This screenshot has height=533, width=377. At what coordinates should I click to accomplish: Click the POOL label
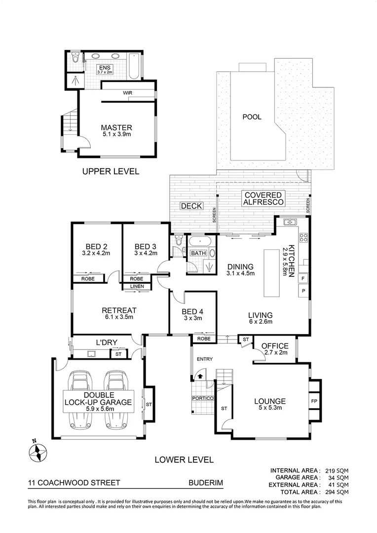coord(252,117)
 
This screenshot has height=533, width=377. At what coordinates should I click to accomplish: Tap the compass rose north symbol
coord(37,451)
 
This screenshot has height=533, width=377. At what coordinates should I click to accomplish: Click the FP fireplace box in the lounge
coord(314,401)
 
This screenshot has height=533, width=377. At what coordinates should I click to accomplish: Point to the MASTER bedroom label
coord(116,127)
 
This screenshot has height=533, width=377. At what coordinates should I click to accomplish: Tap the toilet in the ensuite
coord(75,59)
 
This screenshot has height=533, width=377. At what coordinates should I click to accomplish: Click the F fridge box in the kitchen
coord(302,277)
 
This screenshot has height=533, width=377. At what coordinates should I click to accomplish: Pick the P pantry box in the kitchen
coord(303,291)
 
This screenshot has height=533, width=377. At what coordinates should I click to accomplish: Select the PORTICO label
coord(203,398)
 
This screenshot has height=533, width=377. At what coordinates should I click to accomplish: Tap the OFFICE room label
coord(275,345)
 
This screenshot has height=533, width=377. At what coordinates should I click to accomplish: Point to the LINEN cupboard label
coord(137,287)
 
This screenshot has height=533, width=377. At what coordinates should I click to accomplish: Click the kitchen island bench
coord(271,273)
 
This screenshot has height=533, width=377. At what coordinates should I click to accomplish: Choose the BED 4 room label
coord(192,311)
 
